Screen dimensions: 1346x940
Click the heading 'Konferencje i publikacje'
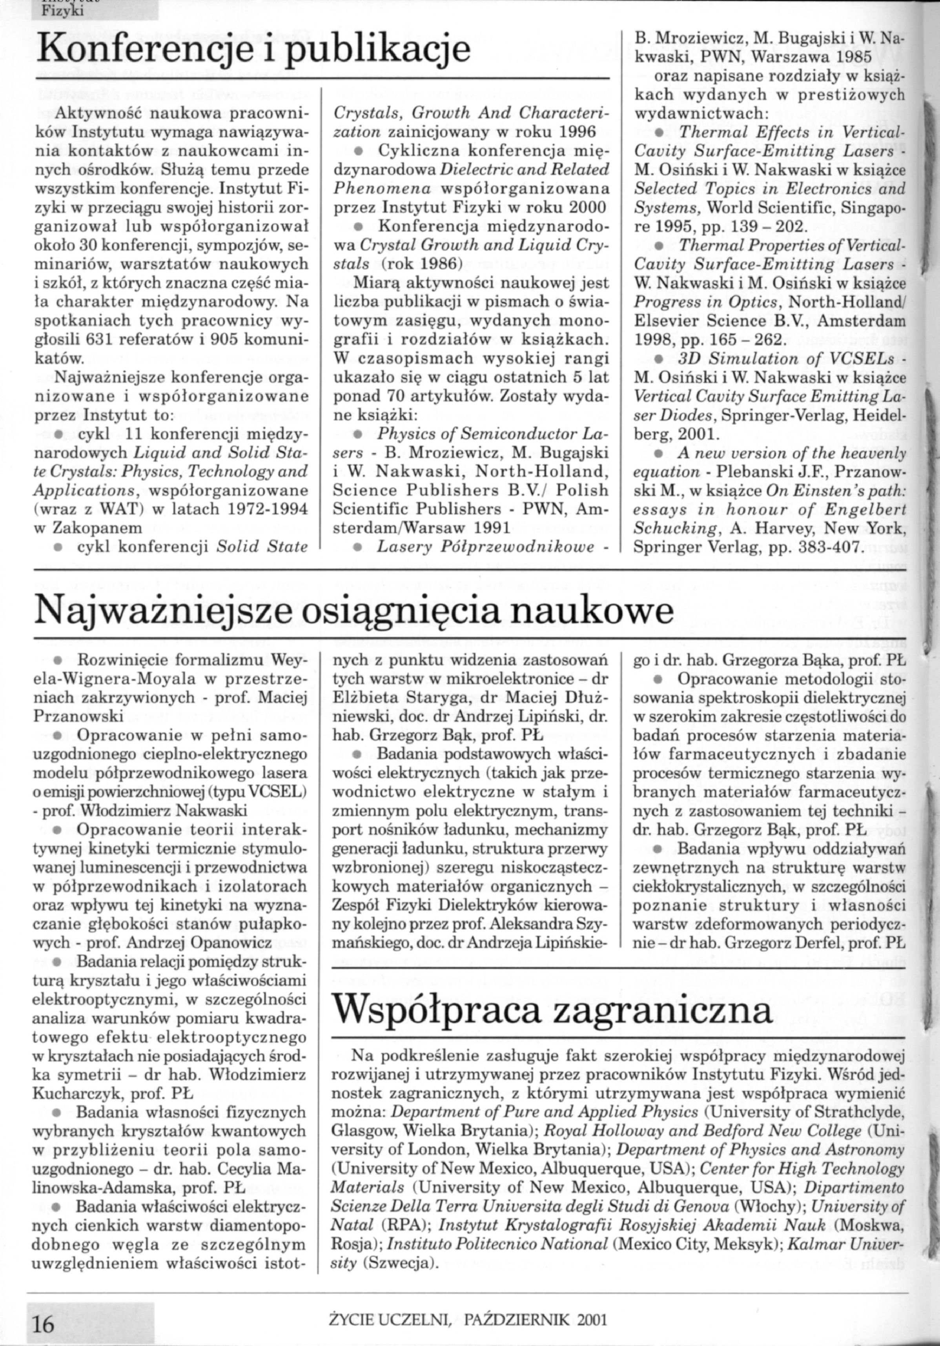(x=253, y=52)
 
